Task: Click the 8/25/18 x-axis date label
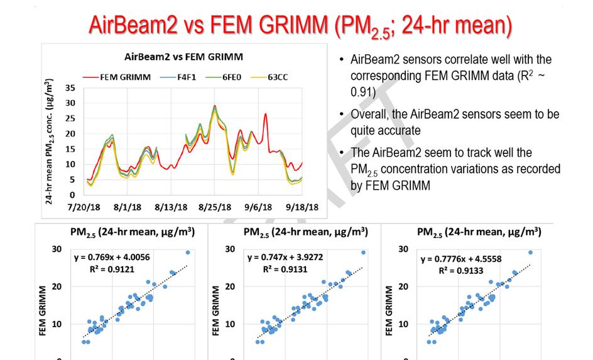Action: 215,207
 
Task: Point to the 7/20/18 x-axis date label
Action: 84,207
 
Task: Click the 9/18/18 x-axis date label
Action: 303,207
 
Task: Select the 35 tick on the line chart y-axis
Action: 70,87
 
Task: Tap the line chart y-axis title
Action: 50,141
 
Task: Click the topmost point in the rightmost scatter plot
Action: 530,253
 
